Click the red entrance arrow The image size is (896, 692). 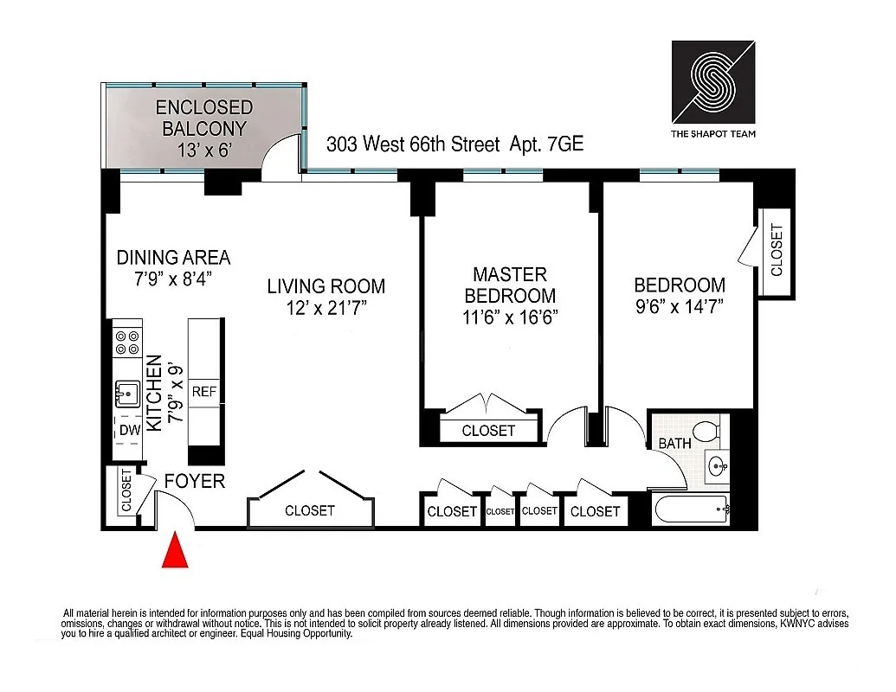pyautogui.click(x=175, y=550)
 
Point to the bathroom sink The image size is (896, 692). pyautogui.click(x=718, y=468)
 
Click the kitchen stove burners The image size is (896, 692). pyautogui.click(x=127, y=343)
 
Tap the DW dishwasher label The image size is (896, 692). pyautogui.click(x=129, y=429)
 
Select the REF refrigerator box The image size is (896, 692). pyautogui.click(x=204, y=391)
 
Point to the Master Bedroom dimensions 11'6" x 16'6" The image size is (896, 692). pyautogui.click(x=510, y=317)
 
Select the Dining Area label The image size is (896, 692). pyautogui.click(x=173, y=257)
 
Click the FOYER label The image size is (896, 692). pyautogui.click(x=195, y=481)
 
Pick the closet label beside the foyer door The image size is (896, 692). pyautogui.click(x=126, y=490)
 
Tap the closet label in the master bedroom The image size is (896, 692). pyautogui.click(x=488, y=431)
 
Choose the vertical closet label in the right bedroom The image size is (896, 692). pyautogui.click(x=776, y=251)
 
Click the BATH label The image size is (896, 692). pyautogui.click(x=674, y=444)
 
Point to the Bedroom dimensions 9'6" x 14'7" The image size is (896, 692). pyautogui.click(x=680, y=305)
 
